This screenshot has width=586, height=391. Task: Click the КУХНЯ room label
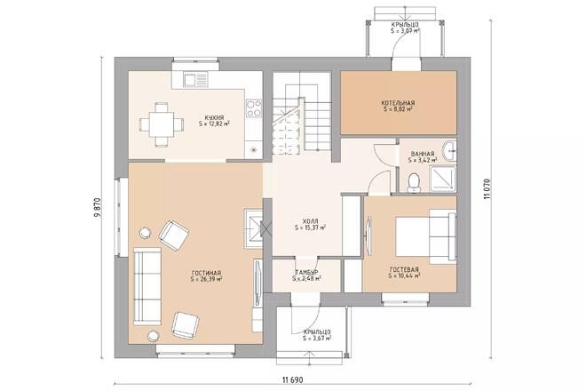coord(212,117)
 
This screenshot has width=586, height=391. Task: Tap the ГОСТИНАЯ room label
coord(205,274)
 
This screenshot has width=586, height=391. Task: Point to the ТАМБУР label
coord(306,272)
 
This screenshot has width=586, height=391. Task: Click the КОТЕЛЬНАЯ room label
coord(399,104)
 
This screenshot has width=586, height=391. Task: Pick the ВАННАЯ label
coord(422,155)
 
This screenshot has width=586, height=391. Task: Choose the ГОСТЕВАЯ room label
coord(404,268)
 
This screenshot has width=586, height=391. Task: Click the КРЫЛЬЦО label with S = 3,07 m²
coord(405,26)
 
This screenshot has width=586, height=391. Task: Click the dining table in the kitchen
coord(161,124)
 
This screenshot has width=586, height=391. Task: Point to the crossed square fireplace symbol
coord(254,227)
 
